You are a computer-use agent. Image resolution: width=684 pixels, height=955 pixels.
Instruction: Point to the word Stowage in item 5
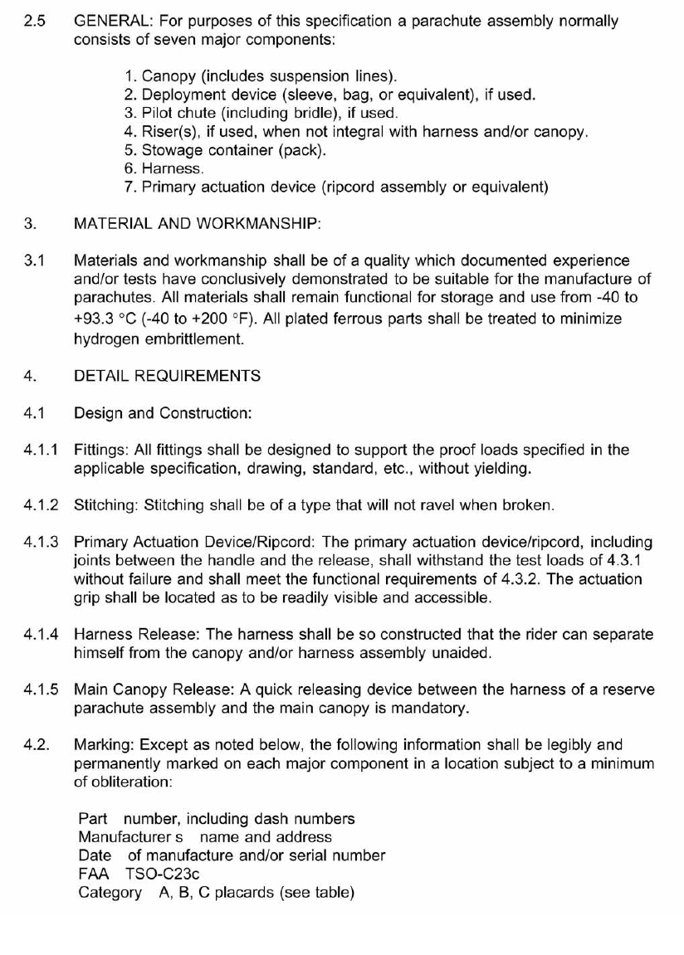(169, 150)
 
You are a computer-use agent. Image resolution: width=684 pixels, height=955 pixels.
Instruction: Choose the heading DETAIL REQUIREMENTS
(167, 376)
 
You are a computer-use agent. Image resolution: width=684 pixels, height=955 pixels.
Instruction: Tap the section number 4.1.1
(41, 450)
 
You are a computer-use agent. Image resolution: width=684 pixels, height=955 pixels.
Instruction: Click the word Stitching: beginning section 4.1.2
(106, 504)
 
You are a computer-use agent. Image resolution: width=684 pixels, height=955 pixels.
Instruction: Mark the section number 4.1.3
(41, 542)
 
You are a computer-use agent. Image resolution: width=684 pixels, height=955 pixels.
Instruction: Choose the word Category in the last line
(110, 892)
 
